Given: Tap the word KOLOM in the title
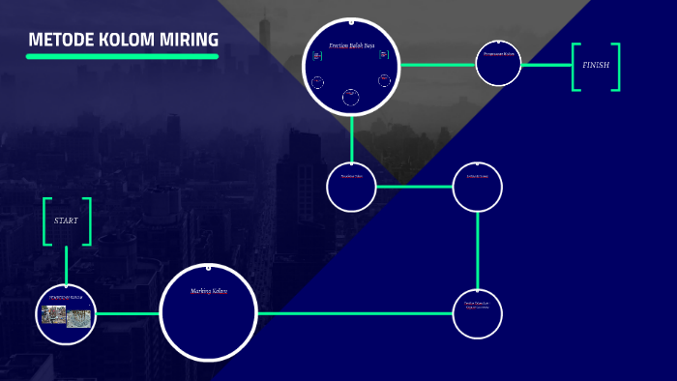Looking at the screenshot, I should click(x=125, y=40).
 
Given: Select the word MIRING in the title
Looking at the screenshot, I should click(x=190, y=40).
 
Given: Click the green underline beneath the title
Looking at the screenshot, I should click(x=122, y=56).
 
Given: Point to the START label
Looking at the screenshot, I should click(x=66, y=220).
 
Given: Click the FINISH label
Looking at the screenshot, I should click(x=596, y=66).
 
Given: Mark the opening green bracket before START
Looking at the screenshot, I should click(x=45, y=221).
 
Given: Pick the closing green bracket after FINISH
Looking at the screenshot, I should click(x=615, y=67).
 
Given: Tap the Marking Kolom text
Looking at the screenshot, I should click(x=208, y=291).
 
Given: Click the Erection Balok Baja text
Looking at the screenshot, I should click(x=351, y=45).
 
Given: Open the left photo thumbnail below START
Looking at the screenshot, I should click(x=54, y=315).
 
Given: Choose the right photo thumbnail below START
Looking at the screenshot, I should click(x=78, y=317).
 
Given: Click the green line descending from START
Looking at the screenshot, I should click(x=66, y=265).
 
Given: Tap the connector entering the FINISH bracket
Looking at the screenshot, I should click(x=548, y=65).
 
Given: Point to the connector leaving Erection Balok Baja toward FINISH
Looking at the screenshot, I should click(x=437, y=65).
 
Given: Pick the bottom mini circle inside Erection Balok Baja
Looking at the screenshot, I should click(x=351, y=95).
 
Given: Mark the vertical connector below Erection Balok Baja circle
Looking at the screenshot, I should click(x=351, y=138).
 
